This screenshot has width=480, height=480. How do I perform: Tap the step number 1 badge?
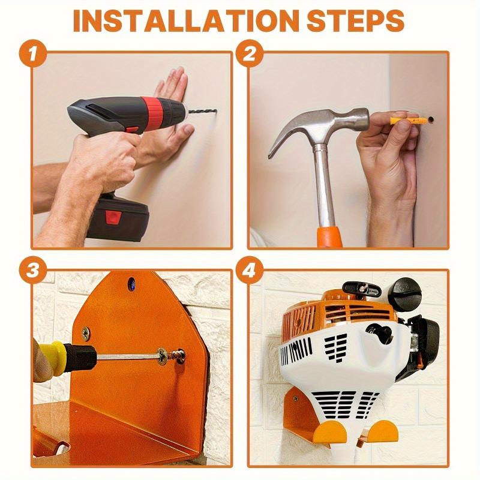pyautogui.click(x=35, y=53)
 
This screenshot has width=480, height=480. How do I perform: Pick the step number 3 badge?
pyautogui.click(x=35, y=271)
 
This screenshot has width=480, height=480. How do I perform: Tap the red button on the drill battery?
pyautogui.click(x=112, y=218)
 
